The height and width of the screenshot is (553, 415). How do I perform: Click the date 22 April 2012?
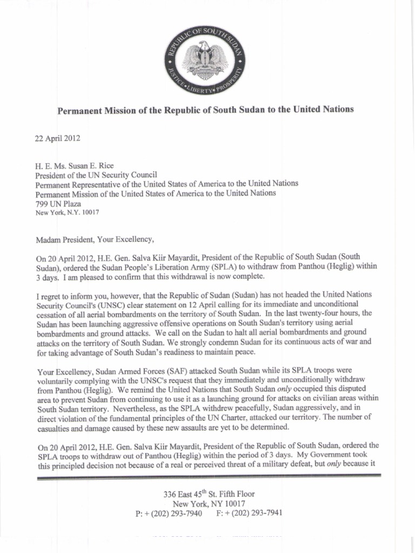[x=57, y=139]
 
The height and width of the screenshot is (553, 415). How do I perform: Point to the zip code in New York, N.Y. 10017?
[x=89, y=212]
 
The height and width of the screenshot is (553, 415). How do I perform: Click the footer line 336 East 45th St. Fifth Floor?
[x=209, y=494]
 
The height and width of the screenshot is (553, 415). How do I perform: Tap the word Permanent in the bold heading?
[x=82, y=110]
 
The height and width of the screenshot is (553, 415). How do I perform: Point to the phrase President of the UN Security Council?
[x=96, y=174]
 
